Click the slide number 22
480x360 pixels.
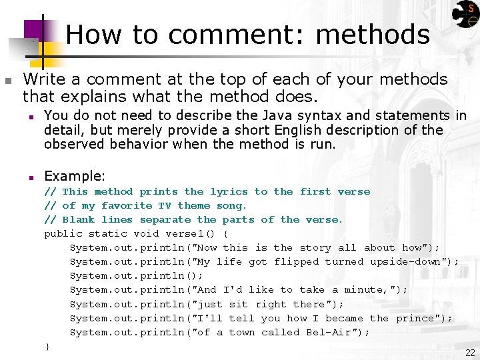click(x=470, y=353)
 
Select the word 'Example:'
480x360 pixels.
click(x=75, y=177)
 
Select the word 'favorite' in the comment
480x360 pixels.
click(x=126, y=205)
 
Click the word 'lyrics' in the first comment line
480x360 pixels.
click(x=229, y=191)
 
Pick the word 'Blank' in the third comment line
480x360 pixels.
click(x=78, y=219)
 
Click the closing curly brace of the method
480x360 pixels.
click(x=47, y=346)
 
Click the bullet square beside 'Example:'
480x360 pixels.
click(x=30, y=177)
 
